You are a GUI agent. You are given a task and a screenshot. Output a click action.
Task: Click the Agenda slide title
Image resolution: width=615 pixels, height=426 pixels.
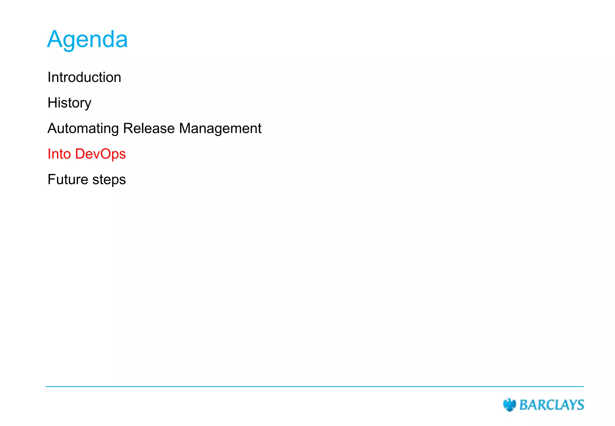point(87,39)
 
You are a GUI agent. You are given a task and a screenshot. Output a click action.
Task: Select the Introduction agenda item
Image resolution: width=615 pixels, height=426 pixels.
point(84,77)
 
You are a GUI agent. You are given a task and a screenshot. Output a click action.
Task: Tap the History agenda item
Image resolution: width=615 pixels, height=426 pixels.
point(69,103)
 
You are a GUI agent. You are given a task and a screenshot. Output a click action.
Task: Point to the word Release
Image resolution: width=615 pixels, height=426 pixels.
point(149,128)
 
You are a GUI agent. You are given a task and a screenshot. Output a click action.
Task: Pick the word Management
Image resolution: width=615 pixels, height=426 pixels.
point(220,129)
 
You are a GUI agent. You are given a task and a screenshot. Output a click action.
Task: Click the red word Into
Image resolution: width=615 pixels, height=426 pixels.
point(59,154)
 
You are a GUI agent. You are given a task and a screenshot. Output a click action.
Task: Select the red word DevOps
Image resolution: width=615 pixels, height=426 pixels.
point(101,154)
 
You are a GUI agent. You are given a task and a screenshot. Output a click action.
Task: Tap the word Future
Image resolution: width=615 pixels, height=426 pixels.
point(68,179)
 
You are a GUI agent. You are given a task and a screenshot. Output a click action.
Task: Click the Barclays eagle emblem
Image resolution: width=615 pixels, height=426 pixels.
point(509,405)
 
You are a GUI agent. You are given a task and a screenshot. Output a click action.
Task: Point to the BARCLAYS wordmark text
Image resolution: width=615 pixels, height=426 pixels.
point(552,405)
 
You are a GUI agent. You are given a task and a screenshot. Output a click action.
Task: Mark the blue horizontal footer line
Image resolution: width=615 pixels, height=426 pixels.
point(315,387)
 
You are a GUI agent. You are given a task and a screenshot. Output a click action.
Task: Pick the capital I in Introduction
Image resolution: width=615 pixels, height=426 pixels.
point(49,77)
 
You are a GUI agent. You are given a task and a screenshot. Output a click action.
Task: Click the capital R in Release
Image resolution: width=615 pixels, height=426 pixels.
point(128,128)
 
